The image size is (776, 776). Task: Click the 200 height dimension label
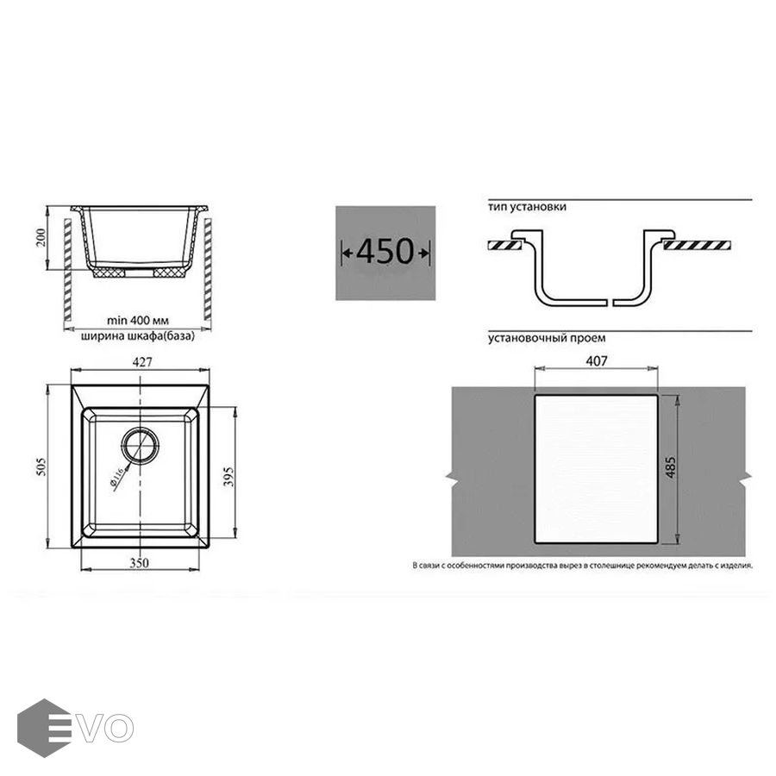pos(41,238)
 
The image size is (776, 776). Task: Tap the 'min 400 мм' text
pos(138,321)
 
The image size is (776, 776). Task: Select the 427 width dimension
pos(142,362)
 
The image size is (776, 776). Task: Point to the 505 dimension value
pos(41,466)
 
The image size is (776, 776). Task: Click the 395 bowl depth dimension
pos(228,476)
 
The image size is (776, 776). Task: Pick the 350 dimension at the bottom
pos(139,563)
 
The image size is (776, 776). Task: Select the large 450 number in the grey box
pos(385,252)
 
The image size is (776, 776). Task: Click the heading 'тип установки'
pos(527,207)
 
